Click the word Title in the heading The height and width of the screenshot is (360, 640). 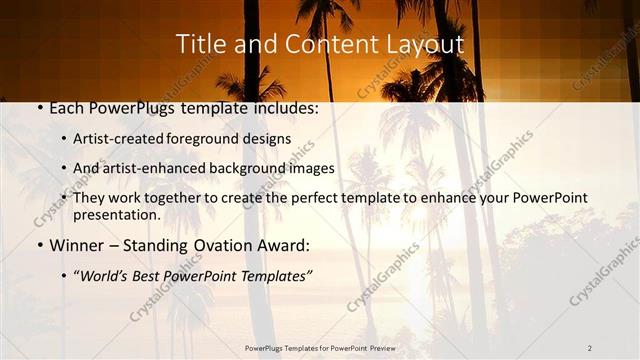[x=200, y=45]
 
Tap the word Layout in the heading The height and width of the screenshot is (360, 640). [x=426, y=45]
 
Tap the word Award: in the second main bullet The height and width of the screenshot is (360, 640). [x=285, y=244]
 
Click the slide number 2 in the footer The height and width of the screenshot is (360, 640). [x=590, y=347]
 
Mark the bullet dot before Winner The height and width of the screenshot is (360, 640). [x=38, y=244]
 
